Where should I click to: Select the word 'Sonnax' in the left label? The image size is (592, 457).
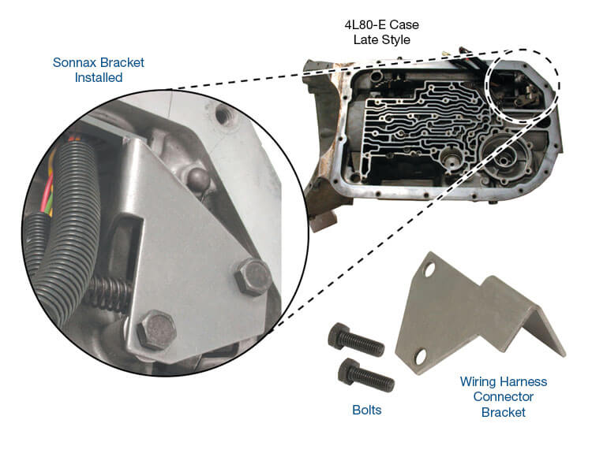[73, 61]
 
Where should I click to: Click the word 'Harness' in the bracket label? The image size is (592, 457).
[526, 381]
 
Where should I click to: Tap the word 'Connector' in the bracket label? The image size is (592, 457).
[503, 396]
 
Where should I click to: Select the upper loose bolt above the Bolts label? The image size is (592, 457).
[354, 340]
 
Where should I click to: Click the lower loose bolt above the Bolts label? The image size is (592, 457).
[365, 372]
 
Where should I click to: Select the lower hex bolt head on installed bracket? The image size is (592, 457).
[155, 330]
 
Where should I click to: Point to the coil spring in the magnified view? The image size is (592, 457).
[110, 295]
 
